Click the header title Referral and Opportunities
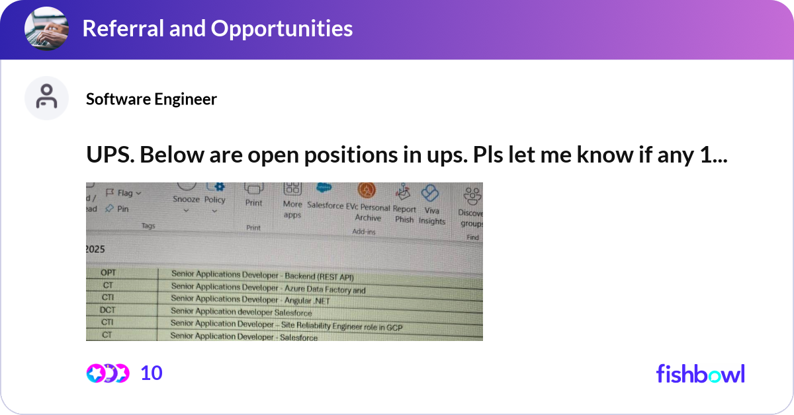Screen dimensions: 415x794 pos(217,28)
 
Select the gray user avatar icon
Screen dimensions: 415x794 pos(46,98)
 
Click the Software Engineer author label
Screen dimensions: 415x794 pos(152,99)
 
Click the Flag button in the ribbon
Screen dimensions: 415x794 pos(124,194)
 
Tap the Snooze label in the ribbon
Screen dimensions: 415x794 pos(186,200)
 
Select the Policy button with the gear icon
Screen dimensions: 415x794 pos(214,196)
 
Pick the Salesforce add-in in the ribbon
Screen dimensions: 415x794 pos(324,198)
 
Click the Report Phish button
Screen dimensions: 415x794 pos(404,206)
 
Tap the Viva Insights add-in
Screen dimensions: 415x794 pos(431,206)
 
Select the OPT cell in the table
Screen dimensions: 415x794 pos(108,273)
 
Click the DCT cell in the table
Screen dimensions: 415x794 pos(107,310)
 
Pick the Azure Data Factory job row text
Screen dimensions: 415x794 pos(268,287)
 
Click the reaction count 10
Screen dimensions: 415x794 pos(152,373)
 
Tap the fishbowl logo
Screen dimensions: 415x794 pos(700,373)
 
